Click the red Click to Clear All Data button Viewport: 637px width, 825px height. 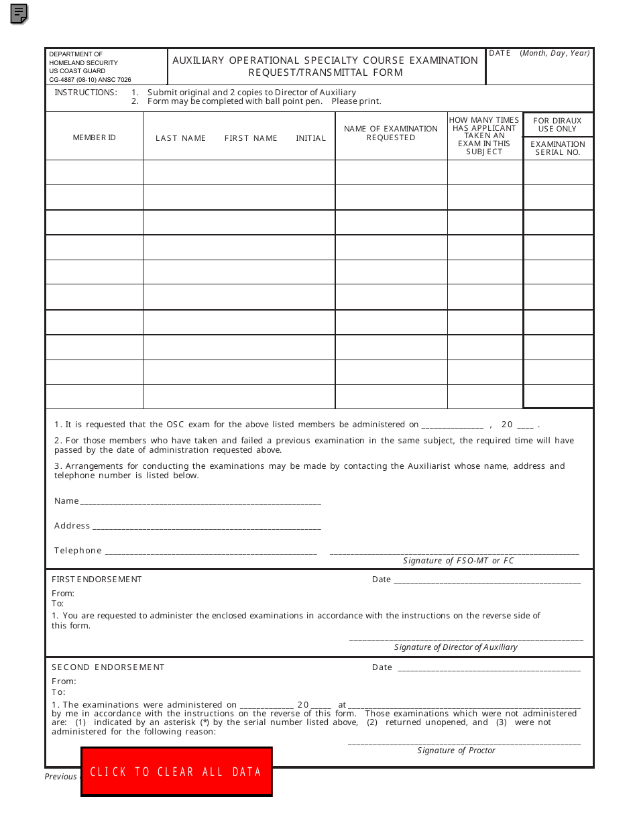(176, 771)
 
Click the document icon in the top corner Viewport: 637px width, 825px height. (19, 13)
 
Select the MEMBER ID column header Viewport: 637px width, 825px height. (94, 137)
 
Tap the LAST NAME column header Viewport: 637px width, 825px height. (180, 138)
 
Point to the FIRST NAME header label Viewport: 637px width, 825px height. (251, 138)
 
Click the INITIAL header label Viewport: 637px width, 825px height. (310, 138)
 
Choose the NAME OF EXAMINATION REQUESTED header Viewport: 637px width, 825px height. (391, 133)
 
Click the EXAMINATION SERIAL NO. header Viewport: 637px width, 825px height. (558, 148)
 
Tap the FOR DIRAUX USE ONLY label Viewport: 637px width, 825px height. (558, 125)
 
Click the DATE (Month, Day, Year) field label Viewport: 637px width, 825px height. (539, 53)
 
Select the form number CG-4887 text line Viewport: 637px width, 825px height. (90, 79)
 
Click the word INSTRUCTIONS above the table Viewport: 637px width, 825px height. (86, 93)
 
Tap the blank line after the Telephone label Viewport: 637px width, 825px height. (211, 551)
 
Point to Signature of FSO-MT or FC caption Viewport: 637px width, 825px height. (458, 561)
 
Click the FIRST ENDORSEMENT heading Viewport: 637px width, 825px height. (97, 580)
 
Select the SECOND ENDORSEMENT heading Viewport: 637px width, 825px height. (108, 667)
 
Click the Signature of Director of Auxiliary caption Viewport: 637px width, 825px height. (456, 647)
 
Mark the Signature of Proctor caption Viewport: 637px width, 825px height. (456, 751)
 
